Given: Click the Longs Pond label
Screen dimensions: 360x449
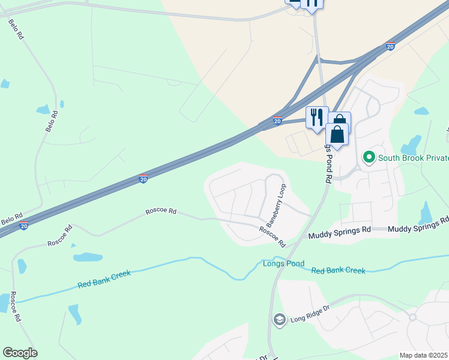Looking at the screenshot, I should pyautogui.click(x=283, y=263).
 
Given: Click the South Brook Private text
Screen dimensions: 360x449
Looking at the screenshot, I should pyautogui.click(x=413, y=158).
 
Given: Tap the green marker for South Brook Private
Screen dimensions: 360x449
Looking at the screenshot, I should pyautogui.click(x=369, y=158).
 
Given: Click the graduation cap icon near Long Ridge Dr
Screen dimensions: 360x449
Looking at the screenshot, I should pyautogui.click(x=279, y=320).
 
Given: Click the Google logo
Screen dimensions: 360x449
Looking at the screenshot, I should pyautogui.click(x=20, y=353).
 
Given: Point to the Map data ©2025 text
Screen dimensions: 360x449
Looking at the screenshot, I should pyautogui.click(x=424, y=355).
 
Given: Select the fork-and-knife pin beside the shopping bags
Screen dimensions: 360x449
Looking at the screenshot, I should pyautogui.click(x=316, y=117).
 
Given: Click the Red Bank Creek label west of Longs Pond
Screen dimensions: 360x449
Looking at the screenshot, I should pyautogui.click(x=104, y=279).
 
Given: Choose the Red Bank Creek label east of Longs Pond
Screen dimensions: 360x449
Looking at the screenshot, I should pyautogui.click(x=338, y=271).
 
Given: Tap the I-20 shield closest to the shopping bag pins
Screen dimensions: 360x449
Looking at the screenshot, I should pyautogui.click(x=277, y=121).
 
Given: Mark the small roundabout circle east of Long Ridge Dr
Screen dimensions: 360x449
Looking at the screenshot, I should pyautogui.click(x=412, y=317).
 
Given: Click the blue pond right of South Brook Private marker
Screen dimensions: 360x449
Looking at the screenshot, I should pyautogui.click(x=411, y=145).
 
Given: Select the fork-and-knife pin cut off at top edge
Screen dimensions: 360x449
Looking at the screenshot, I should pyautogui.click(x=312, y=4).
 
